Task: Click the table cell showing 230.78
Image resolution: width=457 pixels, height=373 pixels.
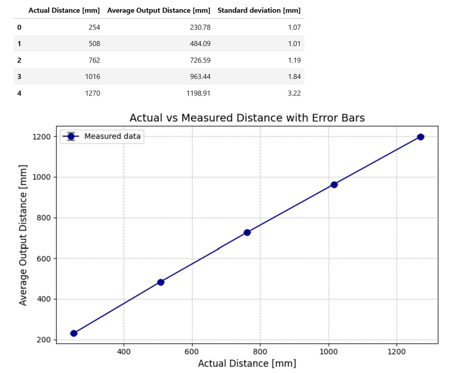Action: pos(200,27)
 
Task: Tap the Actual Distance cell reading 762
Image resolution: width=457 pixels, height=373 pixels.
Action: pos(95,60)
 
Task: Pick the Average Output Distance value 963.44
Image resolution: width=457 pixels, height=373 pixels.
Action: pos(200,77)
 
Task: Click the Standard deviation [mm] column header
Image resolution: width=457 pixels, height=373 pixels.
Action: pos(259,10)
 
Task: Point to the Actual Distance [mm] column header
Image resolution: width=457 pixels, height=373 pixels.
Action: pos(64,10)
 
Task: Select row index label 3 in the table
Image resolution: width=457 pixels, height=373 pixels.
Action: pos(19,77)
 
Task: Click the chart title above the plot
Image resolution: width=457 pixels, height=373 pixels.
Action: pos(247,118)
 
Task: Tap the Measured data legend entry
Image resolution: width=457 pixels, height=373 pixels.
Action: pos(112,137)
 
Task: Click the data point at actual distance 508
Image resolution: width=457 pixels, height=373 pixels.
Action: pos(161,282)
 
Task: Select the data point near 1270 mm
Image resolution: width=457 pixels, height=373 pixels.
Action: pos(420,137)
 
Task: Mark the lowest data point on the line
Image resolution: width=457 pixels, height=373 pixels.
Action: pos(74,333)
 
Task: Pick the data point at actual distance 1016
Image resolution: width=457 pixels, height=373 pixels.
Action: pos(334,185)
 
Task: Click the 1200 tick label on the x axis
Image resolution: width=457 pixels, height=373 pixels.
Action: pos(397,352)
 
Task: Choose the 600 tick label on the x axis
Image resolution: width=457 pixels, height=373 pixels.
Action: pos(192,352)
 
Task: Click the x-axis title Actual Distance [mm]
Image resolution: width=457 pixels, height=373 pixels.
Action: pos(247,363)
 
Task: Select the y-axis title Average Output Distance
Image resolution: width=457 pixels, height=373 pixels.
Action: pos(23,235)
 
